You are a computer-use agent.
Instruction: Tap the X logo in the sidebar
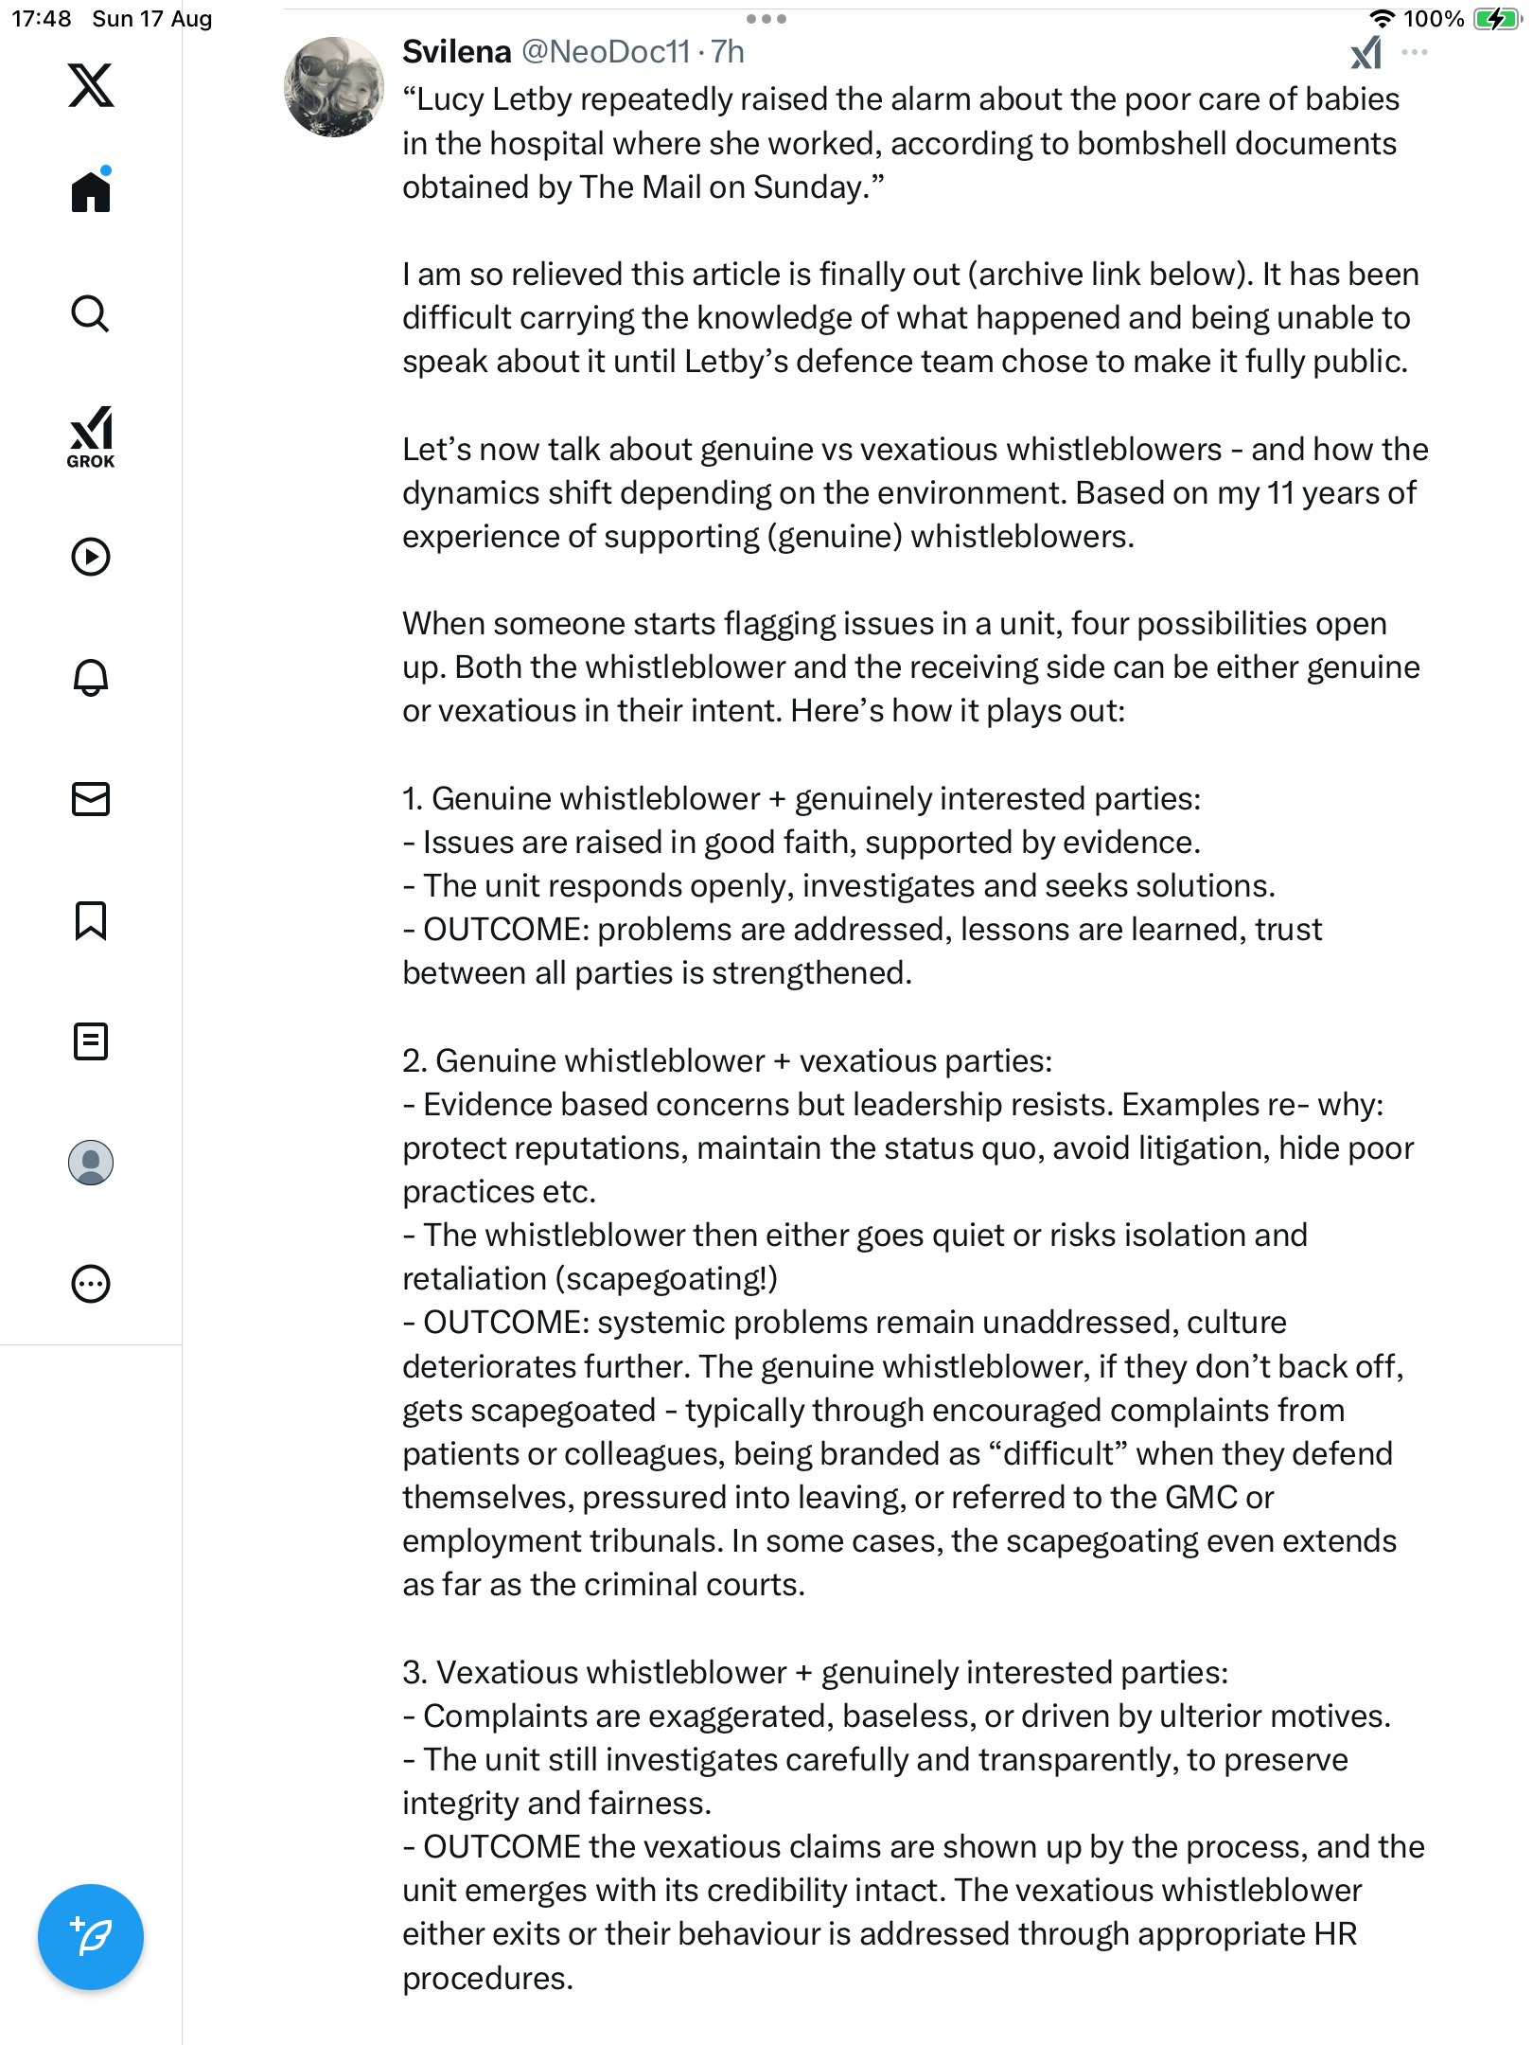tap(91, 85)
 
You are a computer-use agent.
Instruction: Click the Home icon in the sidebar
tap(91, 191)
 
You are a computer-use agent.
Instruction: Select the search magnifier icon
tap(91, 313)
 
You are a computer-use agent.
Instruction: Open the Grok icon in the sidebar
tap(91, 436)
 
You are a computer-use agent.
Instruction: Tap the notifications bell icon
tap(91, 677)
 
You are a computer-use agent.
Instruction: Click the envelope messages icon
tap(91, 799)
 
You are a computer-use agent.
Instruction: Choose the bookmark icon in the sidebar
tap(91, 920)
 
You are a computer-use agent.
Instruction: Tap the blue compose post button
tap(91, 1936)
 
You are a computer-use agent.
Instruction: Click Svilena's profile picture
tap(334, 87)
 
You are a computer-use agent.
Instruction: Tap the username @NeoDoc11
tap(606, 52)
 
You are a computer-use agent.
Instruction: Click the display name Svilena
tap(456, 52)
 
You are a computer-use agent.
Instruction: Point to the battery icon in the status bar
tap(1495, 19)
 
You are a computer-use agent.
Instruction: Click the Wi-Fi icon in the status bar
tap(1383, 19)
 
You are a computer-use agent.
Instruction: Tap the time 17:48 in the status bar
tap(42, 19)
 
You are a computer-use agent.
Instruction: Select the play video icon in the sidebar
tap(91, 557)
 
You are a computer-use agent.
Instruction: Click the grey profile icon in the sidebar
tap(91, 1163)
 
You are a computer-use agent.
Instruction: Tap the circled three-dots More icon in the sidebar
tap(91, 1284)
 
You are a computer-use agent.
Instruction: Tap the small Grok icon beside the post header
tap(1366, 53)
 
